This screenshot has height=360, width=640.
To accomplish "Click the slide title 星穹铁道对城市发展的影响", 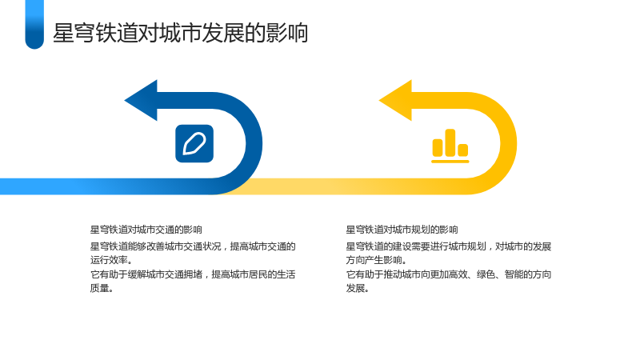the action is [181, 33].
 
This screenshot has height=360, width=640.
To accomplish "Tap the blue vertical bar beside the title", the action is [34, 25].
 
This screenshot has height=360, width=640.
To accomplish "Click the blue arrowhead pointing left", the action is [142, 101].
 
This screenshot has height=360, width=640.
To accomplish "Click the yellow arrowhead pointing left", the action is [396, 101].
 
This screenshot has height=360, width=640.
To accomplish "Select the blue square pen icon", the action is [194, 144].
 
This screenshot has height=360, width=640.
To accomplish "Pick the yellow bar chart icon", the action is [450, 146].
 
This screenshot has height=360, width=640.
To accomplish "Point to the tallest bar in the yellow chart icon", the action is [450, 142].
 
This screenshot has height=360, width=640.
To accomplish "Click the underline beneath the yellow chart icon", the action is [450, 162].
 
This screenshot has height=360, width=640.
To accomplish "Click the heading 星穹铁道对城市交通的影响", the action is [146, 230].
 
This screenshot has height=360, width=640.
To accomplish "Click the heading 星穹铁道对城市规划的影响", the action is [402, 230].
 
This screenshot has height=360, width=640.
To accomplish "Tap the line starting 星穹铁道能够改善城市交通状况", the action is [193, 246].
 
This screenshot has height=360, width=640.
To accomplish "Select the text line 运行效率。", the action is [111, 260].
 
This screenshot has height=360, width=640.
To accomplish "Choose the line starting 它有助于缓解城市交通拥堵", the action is [193, 274].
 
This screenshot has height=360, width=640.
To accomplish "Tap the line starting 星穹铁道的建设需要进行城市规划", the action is [449, 246].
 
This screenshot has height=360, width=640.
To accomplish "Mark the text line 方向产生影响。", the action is [376, 260].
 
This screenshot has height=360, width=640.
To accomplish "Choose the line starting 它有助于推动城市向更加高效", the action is [449, 274].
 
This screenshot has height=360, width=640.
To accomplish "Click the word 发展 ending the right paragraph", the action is [355, 288].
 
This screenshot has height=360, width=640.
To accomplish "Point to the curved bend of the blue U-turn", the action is [254, 143].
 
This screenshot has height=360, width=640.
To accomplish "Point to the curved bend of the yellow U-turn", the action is [509, 143].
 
